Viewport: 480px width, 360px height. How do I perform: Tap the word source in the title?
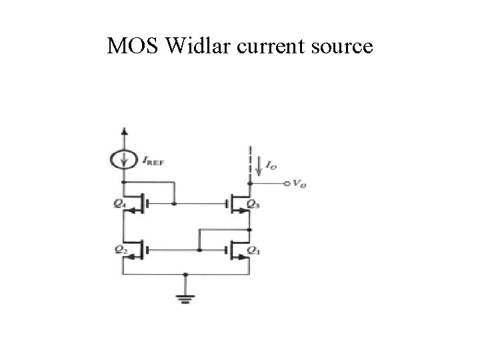click(x=340, y=47)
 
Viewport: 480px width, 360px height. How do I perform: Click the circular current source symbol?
click(x=123, y=159)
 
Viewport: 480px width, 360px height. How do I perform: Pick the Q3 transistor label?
click(x=254, y=204)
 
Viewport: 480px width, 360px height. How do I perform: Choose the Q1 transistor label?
click(x=254, y=251)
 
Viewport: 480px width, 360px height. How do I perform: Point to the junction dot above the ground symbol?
click(x=186, y=273)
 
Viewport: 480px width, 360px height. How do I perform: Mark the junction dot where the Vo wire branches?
click(x=249, y=182)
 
